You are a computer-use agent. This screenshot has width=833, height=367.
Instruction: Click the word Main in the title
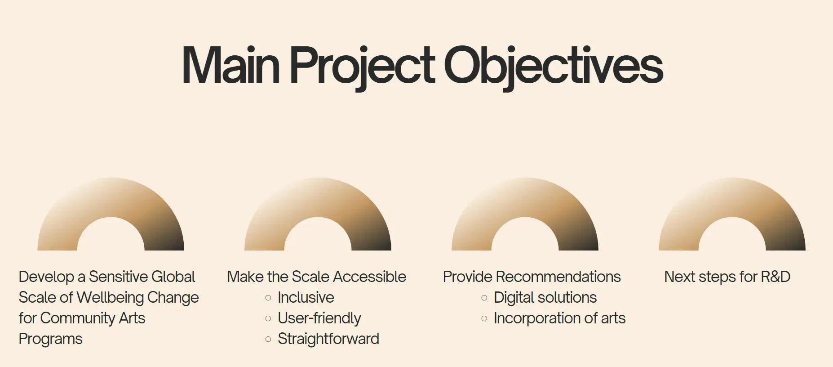click(231, 65)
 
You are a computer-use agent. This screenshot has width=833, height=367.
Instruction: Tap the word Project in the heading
click(362, 67)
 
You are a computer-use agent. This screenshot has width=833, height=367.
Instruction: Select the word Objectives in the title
click(554, 67)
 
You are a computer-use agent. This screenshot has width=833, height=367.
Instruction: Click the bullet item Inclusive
click(306, 297)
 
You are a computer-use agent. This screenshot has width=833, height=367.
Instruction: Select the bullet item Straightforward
click(328, 339)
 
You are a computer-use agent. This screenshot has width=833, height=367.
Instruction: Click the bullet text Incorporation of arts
click(560, 318)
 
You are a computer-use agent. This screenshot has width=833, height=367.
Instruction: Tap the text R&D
click(775, 277)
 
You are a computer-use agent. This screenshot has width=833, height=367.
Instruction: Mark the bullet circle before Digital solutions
click(484, 298)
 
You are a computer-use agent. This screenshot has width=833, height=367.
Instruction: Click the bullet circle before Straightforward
click(268, 339)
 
